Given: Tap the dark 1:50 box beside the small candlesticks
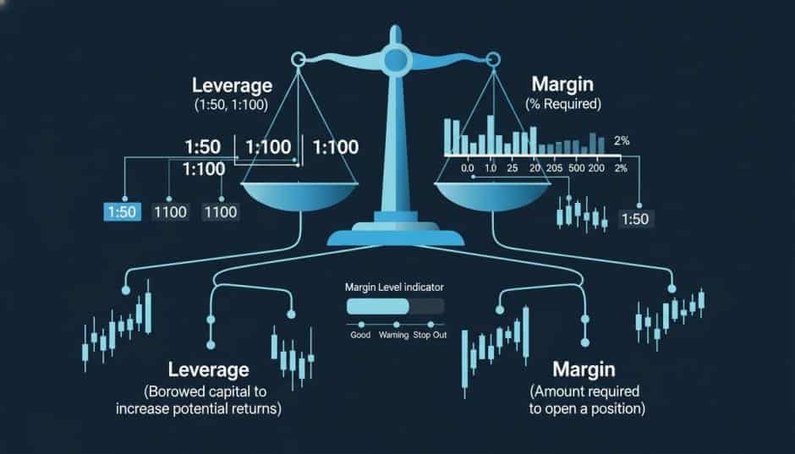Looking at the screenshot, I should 635,219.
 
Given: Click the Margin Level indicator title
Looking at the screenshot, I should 395,287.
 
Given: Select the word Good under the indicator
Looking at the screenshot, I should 360,335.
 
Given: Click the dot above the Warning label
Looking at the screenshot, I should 396,325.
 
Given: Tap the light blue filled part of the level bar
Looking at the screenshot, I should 377,306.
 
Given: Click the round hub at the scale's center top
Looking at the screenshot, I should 394,59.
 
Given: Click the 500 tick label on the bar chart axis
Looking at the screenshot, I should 577,168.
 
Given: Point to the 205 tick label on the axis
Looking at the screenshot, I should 554,168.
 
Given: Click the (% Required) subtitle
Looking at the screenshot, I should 566,105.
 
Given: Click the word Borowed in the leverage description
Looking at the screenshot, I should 182,392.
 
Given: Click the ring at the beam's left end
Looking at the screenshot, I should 297,59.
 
